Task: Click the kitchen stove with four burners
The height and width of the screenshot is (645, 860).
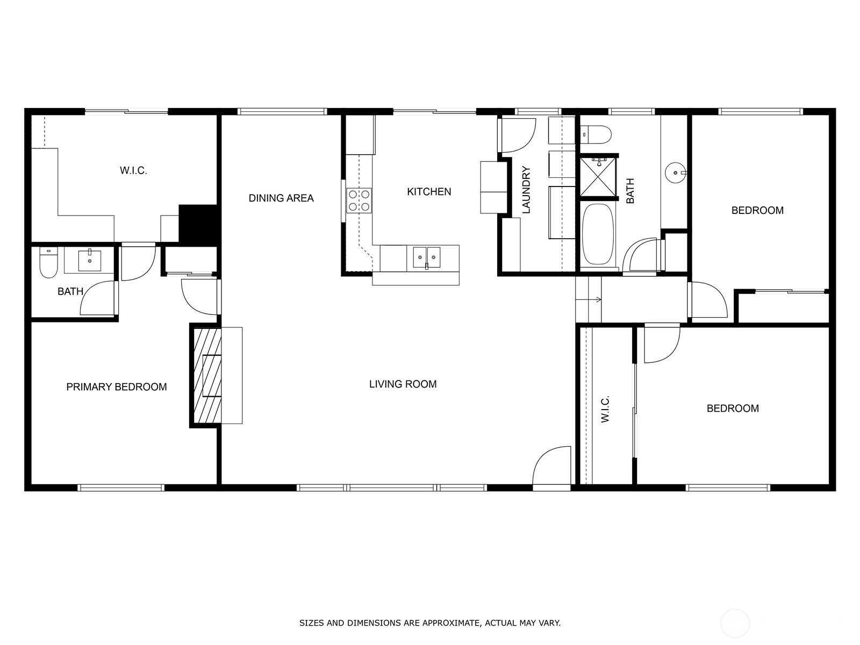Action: coord(359,200)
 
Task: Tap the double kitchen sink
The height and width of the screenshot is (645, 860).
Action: coord(426,257)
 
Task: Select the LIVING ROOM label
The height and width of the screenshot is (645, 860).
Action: coord(403,384)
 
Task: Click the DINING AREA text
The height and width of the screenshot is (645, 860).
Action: coord(281,198)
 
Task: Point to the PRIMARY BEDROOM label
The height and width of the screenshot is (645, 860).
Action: coord(116,387)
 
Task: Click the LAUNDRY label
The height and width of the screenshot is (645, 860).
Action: coord(526,190)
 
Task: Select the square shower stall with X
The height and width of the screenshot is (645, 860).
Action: coord(598,176)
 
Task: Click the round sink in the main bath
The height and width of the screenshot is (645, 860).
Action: coord(675,173)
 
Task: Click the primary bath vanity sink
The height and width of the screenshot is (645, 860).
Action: coord(89,261)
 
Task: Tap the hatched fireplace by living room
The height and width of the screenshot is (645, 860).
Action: coord(207,375)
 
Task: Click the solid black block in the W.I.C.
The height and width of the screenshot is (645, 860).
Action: coord(198,224)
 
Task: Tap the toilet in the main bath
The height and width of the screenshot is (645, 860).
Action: coord(595,134)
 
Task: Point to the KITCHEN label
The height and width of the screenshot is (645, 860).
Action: coord(429,191)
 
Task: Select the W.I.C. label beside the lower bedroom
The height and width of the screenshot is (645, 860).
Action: coord(605,409)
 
